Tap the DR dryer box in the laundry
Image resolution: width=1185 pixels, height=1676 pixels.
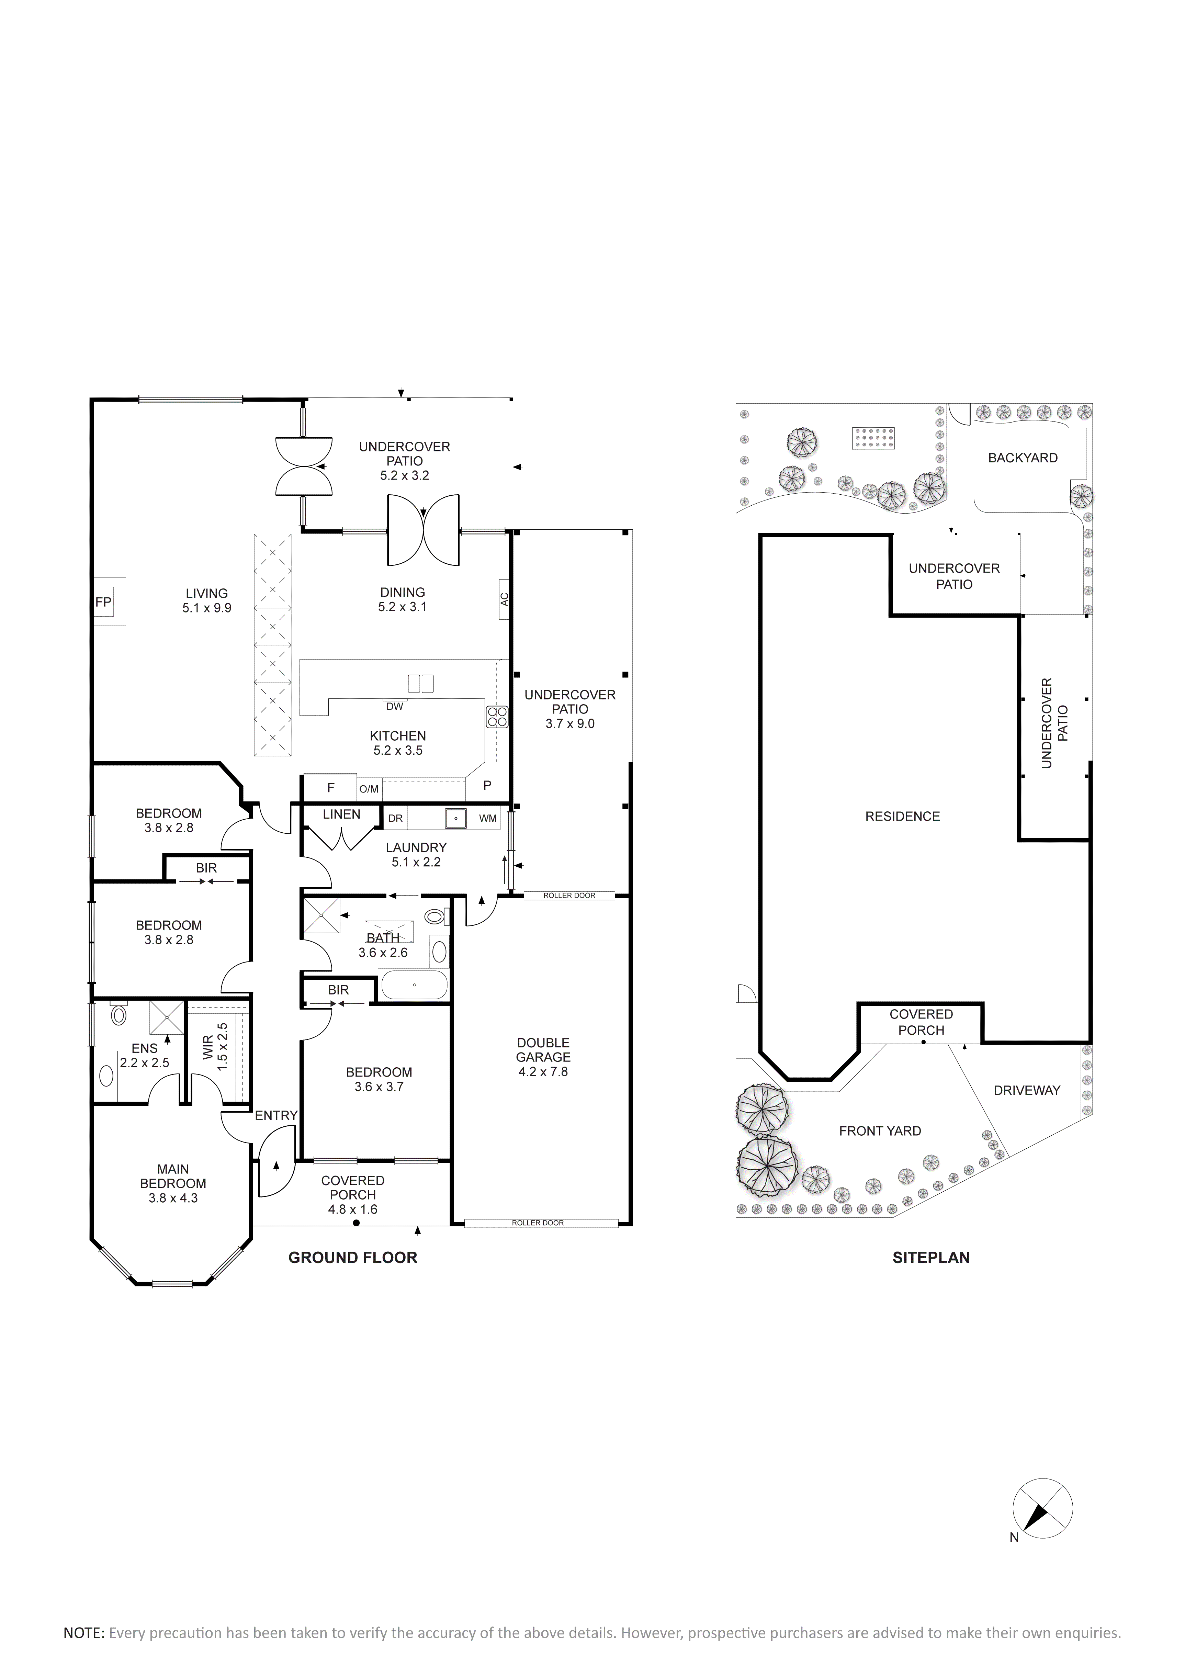[x=395, y=818]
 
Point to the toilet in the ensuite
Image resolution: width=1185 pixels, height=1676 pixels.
[x=118, y=1015]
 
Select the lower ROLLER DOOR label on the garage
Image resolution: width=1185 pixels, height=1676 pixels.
[x=538, y=1223]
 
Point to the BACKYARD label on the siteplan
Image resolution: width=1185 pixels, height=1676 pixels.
[x=1023, y=458]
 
